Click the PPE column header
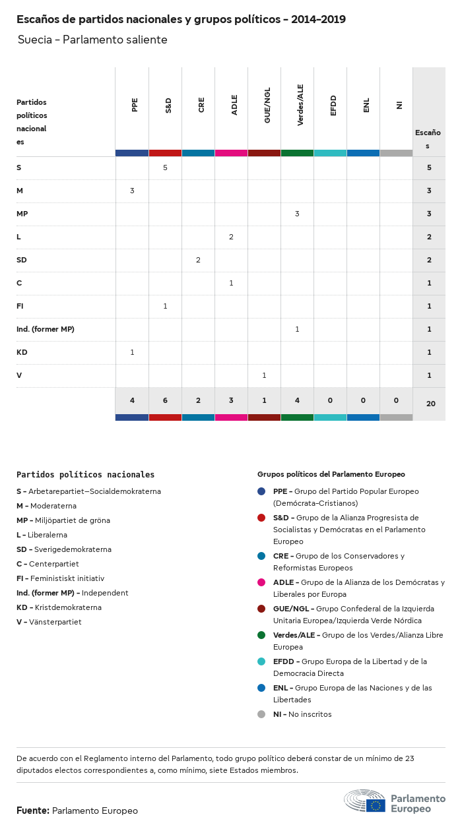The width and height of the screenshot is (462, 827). coord(135,105)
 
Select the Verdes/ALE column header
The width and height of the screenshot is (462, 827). coord(300,109)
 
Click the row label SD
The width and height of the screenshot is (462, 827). coord(22,260)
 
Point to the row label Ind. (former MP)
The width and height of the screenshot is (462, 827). coord(46,329)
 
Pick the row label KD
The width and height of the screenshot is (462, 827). coord(22,352)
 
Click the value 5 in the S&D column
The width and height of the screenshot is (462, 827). coord(165,168)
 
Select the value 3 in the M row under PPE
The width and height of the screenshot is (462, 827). coord(132,191)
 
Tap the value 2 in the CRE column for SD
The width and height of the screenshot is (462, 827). coord(198,260)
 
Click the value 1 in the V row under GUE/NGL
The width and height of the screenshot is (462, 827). coord(264,375)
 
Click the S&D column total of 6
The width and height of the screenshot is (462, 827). coord(165,401)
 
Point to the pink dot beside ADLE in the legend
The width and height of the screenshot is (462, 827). coord(261,582)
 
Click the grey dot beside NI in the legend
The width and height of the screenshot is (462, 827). coord(261,714)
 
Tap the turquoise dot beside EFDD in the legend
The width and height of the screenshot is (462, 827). coord(261,661)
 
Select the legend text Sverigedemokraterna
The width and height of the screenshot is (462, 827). coord(69,549)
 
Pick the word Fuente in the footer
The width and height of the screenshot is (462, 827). coord(32,811)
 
